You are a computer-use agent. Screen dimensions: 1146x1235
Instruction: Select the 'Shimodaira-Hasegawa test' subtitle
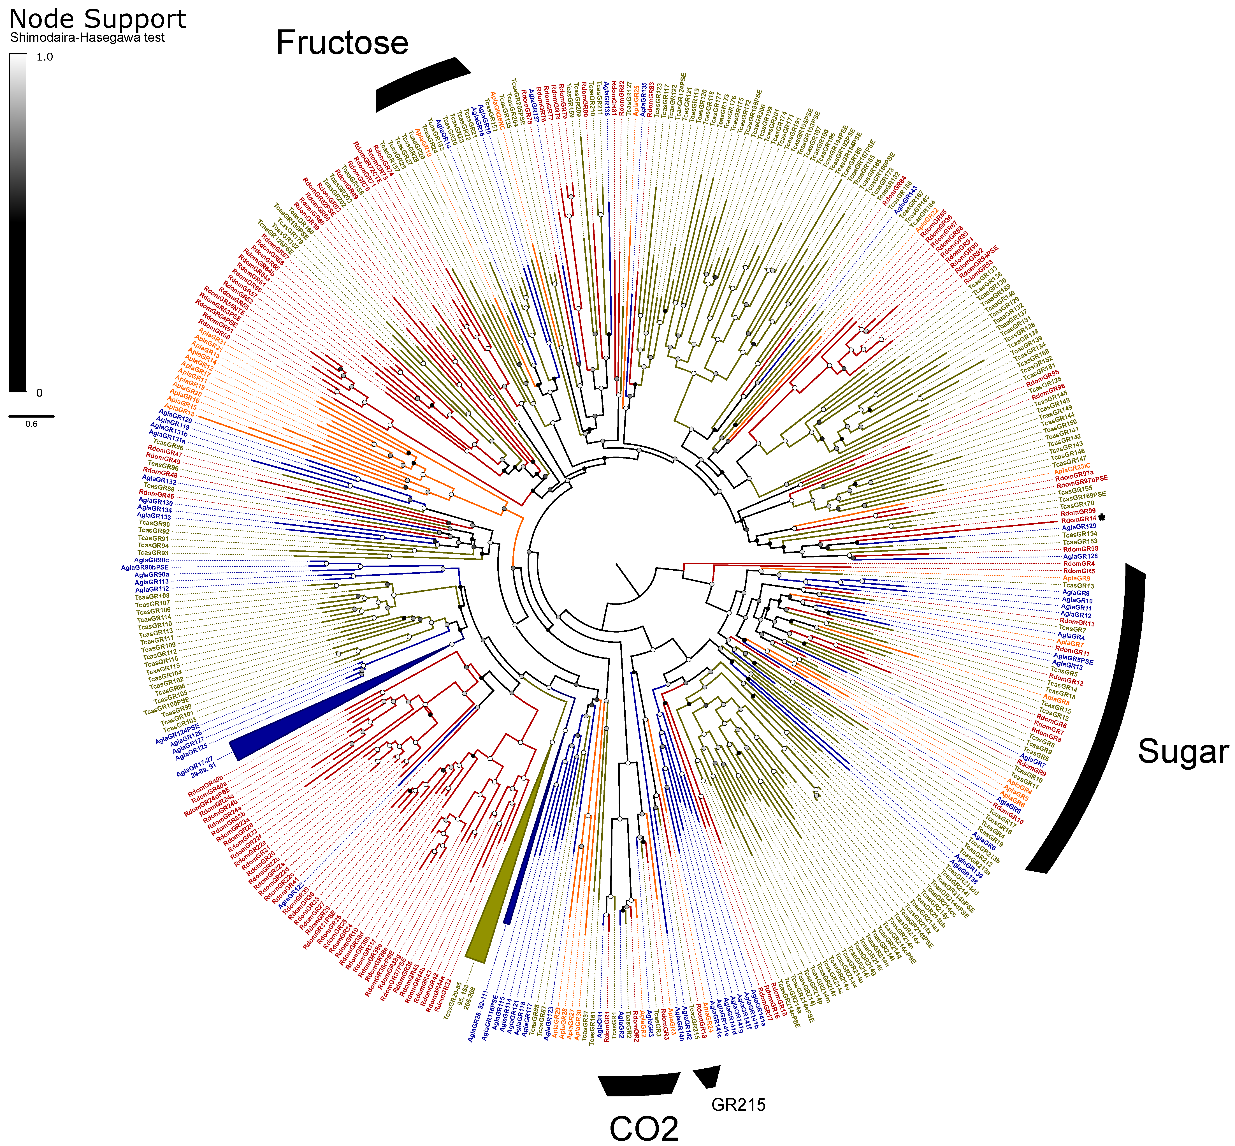(x=87, y=38)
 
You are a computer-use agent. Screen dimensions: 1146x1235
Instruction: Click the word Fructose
(x=342, y=43)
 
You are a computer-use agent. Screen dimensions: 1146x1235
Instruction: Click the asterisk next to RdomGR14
(x=1102, y=517)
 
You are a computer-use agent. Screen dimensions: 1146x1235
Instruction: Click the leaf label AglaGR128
(x=1080, y=556)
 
